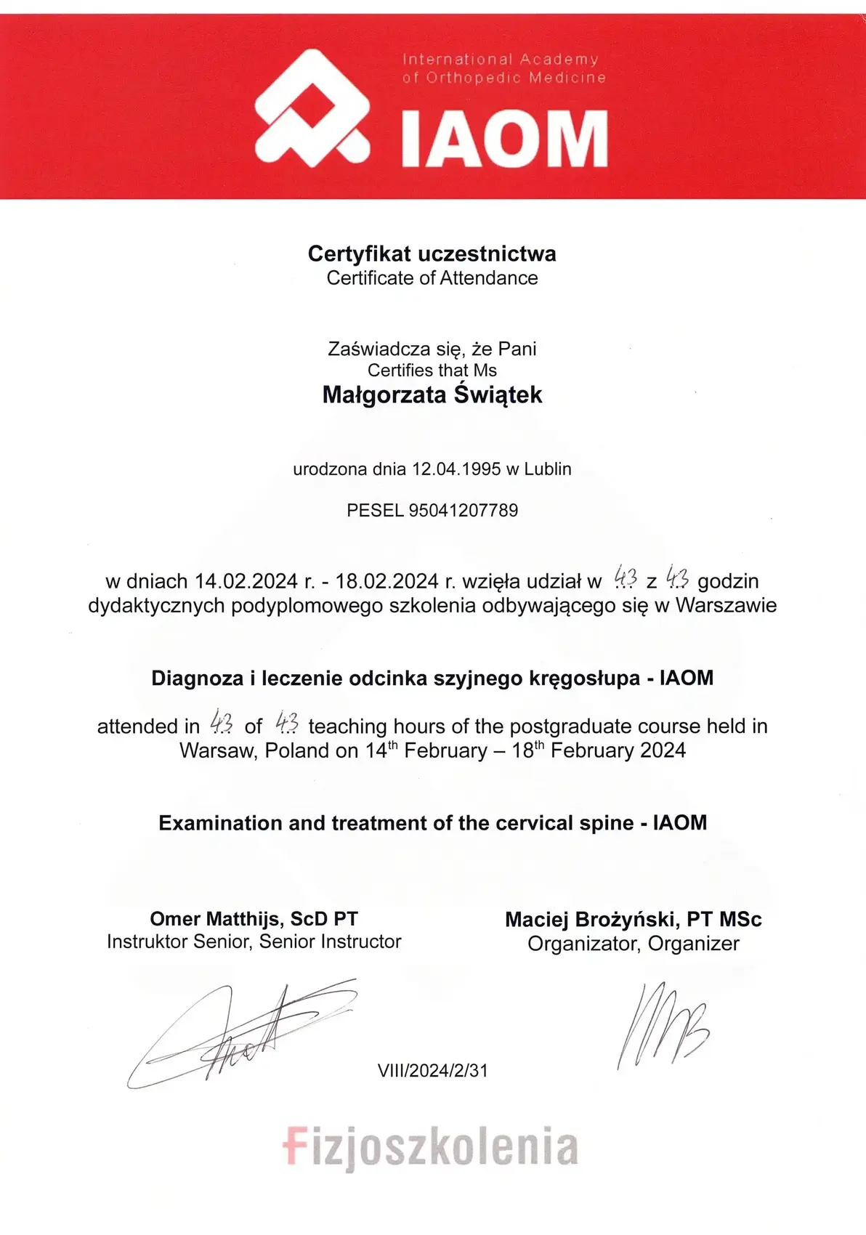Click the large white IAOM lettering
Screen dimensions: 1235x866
504,139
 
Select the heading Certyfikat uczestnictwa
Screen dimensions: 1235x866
432,254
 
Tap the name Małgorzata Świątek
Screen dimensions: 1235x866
432,394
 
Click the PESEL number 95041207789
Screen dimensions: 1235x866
464,510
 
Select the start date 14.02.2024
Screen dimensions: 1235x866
246,581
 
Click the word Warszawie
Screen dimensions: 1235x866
726,605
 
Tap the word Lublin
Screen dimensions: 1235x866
548,469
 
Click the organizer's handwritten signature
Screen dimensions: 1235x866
662,1024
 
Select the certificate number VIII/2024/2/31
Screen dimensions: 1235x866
432,1070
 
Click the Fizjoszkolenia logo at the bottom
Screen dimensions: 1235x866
431,1147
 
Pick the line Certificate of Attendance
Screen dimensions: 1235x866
432,278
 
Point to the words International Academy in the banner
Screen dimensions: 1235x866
501,59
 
